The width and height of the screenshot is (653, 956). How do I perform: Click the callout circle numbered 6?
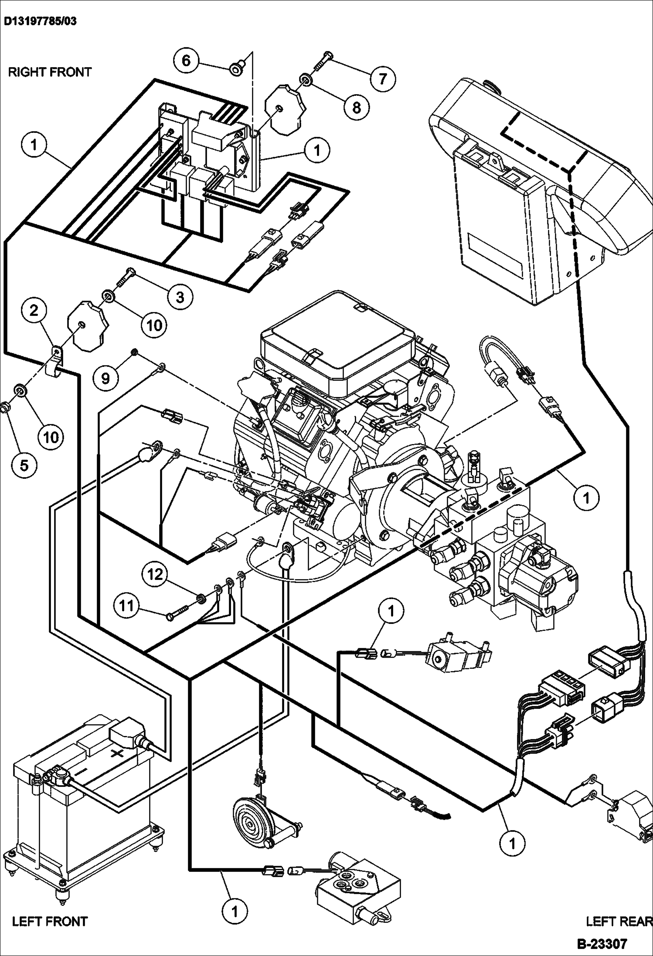(186, 60)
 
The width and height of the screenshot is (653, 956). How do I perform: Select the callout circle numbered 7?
(382, 79)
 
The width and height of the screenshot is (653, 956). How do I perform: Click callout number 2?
(34, 310)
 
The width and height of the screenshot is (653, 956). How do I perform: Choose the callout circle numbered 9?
(106, 378)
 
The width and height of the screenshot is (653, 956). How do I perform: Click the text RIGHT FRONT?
(50, 72)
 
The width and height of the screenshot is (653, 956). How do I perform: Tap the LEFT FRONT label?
(50, 921)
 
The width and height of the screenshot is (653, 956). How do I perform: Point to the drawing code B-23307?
(602, 944)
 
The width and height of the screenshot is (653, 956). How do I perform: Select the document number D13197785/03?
(41, 21)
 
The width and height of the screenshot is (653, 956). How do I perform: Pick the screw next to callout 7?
(323, 60)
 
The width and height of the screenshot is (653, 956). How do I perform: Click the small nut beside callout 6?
(236, 68)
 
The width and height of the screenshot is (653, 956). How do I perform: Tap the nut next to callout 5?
(6, 408)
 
